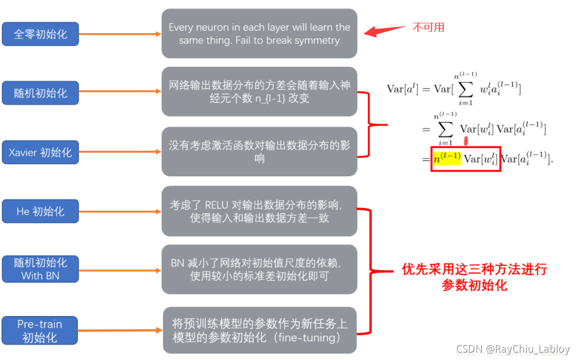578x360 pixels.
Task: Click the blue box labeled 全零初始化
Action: [x=40, y=34]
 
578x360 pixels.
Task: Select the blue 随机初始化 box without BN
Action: [x=40, y=93]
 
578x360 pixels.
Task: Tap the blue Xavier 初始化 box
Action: [x=40, y=152]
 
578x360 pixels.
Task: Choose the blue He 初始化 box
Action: [x=40, y=211]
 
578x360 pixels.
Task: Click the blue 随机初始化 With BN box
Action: [x=40, y=269]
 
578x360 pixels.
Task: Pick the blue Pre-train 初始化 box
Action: [x=40, y=330]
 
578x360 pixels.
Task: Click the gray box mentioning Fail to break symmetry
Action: [x=259, y=33]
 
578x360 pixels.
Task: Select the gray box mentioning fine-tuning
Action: [x=259, y=330]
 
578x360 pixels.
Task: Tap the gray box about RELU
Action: [x=259, y=211]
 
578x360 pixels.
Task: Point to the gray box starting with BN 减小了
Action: [x=259, y=269]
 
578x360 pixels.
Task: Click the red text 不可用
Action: [x=428, y=27]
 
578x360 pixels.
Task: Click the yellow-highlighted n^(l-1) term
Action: [x=446, y=158]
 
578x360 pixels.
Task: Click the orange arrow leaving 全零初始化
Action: [x=120, y=34]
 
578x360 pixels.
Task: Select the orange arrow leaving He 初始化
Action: [x=120, y=212]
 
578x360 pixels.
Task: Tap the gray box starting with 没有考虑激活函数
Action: [x=259, y=151]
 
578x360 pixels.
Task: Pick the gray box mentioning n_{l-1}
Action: [x=259, y=92]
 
